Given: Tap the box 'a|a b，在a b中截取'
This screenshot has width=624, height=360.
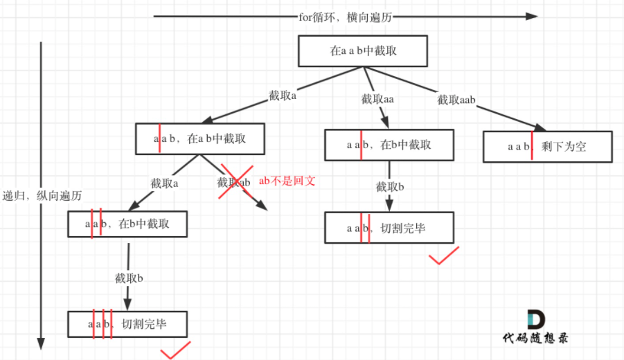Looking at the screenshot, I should point(199,138).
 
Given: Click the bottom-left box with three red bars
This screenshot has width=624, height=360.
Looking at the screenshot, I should point(127,324).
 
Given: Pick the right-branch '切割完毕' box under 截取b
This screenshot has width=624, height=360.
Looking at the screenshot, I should point(389,228).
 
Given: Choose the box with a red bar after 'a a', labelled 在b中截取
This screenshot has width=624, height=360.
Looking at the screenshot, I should point(389,145).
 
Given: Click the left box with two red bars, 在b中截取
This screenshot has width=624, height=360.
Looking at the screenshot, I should point(127,224).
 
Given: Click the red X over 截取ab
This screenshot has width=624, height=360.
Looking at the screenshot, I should point(235,182).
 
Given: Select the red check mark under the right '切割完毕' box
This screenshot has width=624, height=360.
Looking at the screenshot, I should point(443,258).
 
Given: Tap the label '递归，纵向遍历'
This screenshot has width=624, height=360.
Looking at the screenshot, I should point(42,196).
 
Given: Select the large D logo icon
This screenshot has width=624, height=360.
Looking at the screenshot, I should point(535,319).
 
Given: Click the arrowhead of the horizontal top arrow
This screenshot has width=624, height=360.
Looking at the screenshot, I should point(532,17).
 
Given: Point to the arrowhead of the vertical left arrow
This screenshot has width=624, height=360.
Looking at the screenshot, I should point(41,343).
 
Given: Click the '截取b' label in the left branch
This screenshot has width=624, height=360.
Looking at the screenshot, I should point(129,278).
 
